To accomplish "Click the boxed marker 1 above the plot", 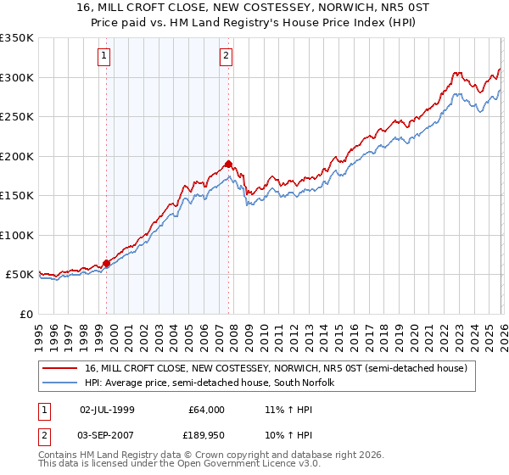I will click(103, 57).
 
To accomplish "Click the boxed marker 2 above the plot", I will click(227, 57).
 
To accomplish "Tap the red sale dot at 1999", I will click(107, 264).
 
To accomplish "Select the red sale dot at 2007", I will click(229, 165).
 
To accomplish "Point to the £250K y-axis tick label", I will click(17, 117).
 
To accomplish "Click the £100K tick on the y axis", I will click(17, 235).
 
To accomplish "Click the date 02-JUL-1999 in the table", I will click(108, 410).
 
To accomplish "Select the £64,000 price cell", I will click(205, 410).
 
